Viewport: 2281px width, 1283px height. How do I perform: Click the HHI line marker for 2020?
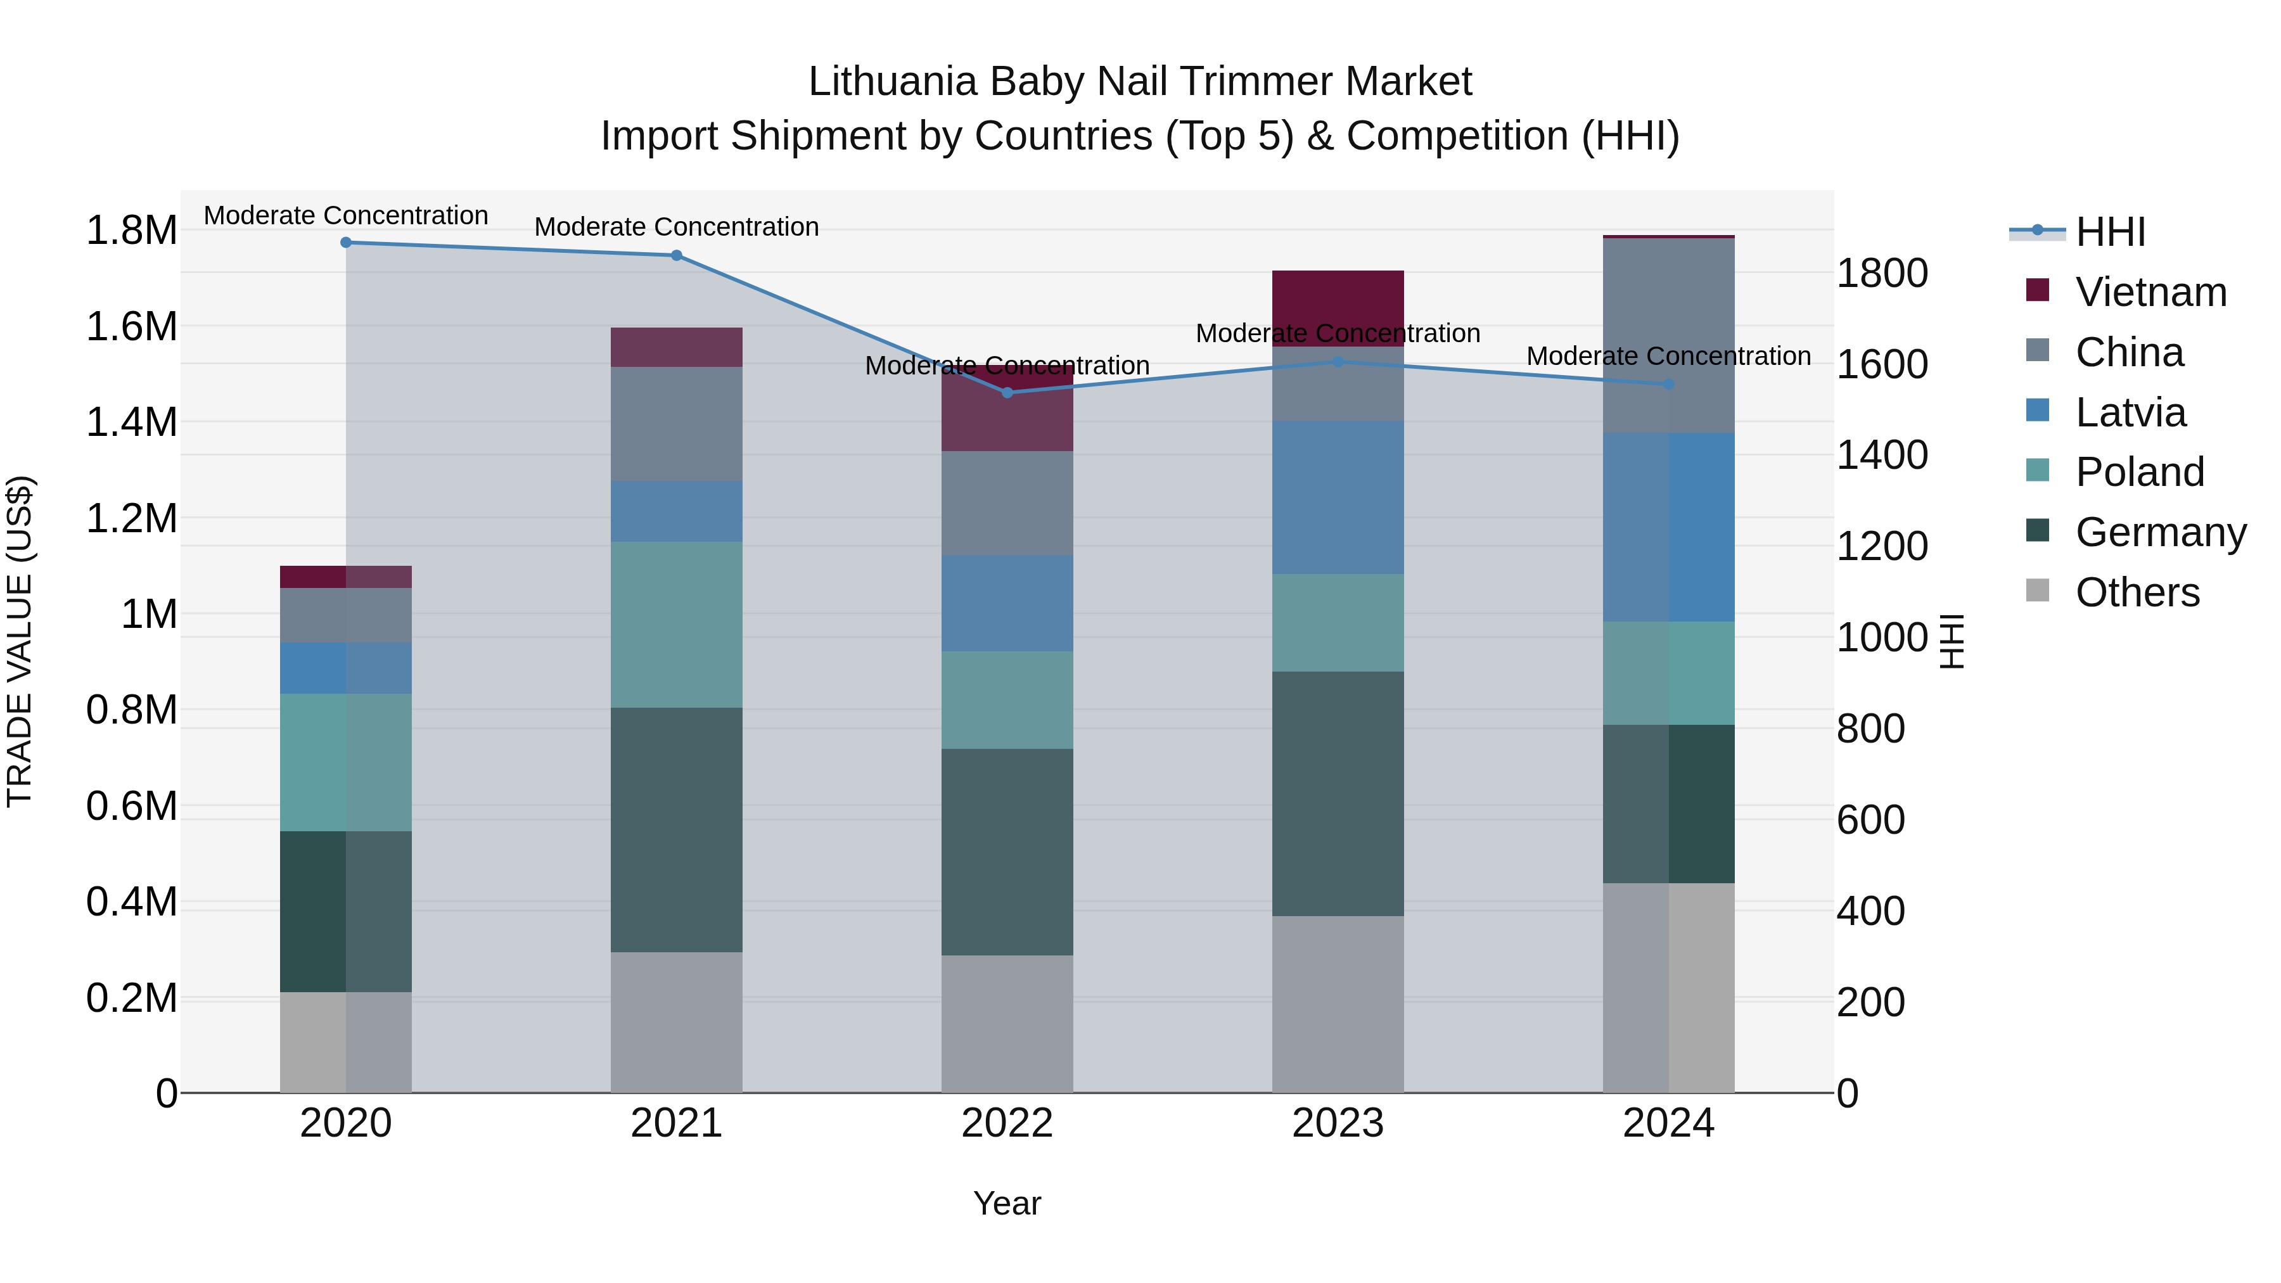(346, 243)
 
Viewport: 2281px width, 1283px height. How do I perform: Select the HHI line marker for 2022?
(1007, 392)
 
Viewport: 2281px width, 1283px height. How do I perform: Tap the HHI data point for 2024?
(1668, 385)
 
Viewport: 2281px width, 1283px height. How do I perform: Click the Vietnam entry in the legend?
(2150, 292)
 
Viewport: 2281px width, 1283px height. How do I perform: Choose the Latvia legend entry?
(2130, 412)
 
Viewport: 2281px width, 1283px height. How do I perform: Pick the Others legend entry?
(2137, 592)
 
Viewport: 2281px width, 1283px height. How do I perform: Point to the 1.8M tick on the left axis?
(131, 231)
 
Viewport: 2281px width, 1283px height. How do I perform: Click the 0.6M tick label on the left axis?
(131, 807)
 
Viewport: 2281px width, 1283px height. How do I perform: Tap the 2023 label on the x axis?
(1338, 1123)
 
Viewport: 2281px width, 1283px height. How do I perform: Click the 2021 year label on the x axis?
(677, 1123)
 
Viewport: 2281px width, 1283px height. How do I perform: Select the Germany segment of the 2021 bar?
(677, 829)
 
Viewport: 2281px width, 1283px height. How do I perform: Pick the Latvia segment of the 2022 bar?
(1007, 603)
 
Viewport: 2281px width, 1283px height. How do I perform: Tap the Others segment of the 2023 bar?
(1338, 1004)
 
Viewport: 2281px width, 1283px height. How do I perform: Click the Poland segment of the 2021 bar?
(677, 624)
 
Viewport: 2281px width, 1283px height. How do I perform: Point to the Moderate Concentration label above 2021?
(677, 227)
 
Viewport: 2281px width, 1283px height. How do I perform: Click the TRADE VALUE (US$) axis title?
(20, 641)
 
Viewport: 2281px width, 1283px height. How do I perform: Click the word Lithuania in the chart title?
(893, 82)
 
